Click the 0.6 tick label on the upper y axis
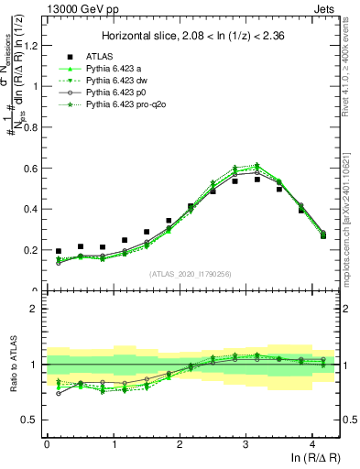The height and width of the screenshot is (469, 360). click(31, 169)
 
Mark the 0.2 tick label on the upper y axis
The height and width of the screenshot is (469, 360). click(31, 250)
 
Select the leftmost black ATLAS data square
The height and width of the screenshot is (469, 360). click(59, 251)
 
